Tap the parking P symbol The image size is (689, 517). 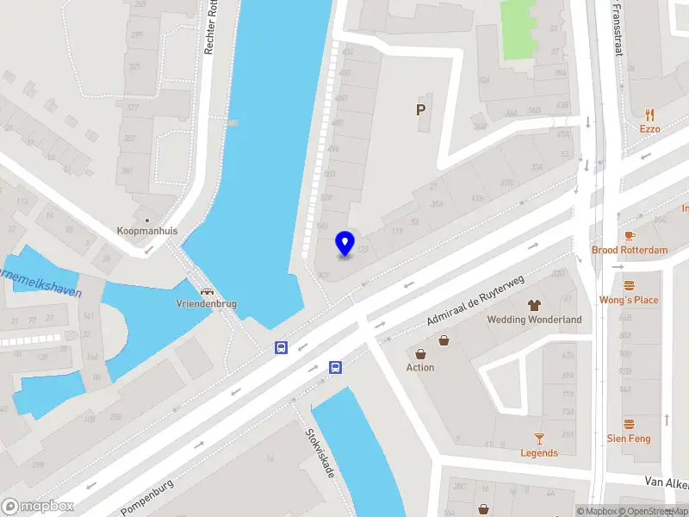[420, 109]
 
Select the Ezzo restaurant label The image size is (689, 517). [649, 129]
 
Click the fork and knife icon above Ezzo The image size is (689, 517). [649, 114]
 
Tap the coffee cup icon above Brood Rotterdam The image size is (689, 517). [630, 235]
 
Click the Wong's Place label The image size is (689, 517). [629, 300]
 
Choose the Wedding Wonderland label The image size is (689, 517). [534, 320]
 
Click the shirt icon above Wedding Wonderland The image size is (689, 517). [534, 305]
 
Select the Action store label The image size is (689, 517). [420, 368]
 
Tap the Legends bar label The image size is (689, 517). [539, 453]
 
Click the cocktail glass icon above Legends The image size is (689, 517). [539, 438]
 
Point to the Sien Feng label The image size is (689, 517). [629, 439]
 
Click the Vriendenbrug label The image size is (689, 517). [207, 304]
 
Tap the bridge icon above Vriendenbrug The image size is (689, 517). [207, 290]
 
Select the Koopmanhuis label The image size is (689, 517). [146, 231]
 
